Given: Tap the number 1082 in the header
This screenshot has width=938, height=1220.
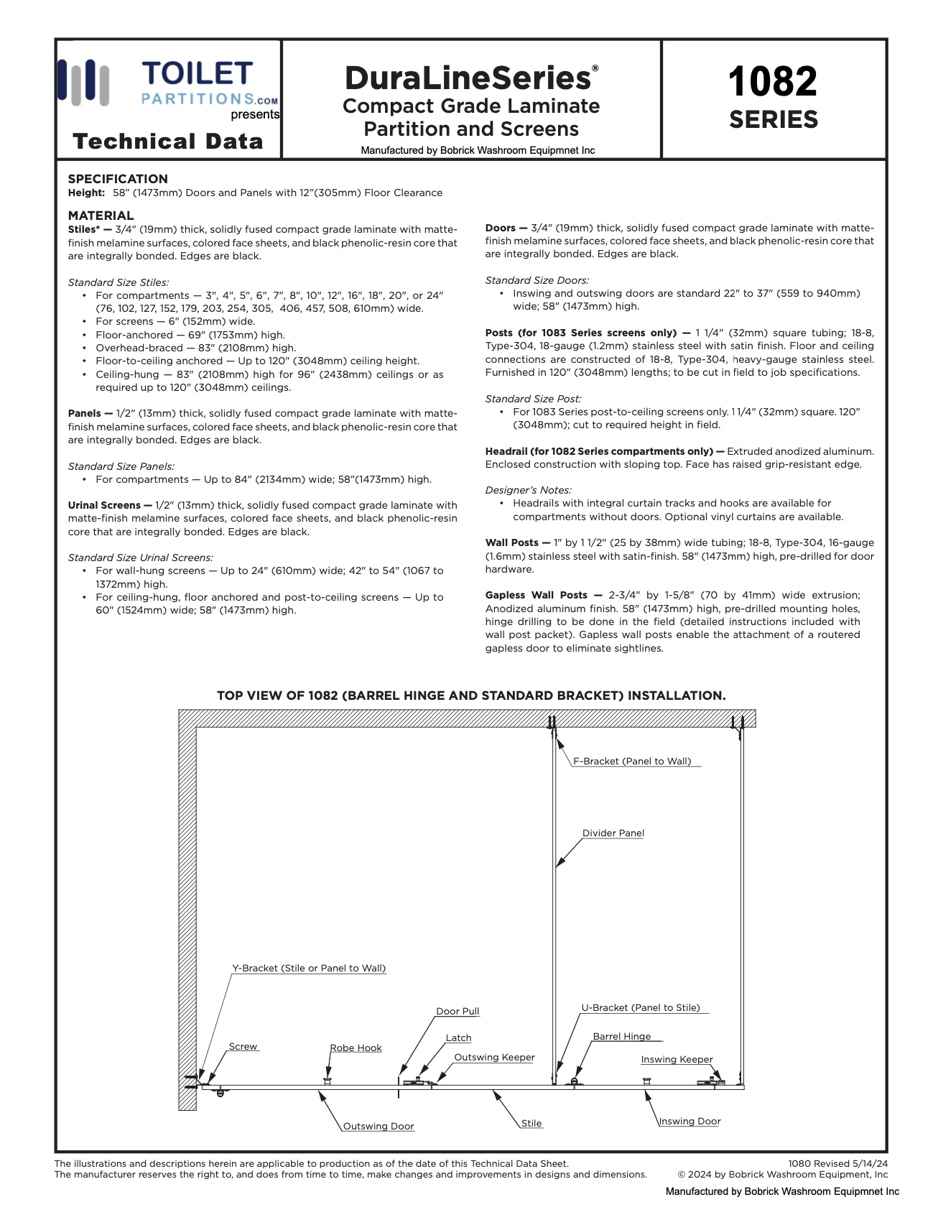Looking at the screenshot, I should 773,82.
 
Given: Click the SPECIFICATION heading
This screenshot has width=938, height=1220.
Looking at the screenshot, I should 118,179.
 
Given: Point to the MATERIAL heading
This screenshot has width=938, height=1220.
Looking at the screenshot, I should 101,216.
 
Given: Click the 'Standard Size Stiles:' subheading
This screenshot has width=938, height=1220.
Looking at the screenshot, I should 119,282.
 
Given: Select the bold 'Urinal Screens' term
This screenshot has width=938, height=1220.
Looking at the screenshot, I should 104,505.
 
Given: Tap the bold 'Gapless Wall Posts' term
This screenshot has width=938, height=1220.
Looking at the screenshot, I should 537,595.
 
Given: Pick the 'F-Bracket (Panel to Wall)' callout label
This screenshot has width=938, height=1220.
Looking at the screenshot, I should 632,762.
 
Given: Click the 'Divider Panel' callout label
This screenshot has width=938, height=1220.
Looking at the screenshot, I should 613,833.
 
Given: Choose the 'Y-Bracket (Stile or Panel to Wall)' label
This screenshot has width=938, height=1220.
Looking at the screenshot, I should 309,969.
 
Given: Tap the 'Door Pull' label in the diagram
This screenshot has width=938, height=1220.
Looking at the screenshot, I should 458,1012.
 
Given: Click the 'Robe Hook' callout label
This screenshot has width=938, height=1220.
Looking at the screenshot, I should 356,1048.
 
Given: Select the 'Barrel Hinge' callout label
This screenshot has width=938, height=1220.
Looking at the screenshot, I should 621,1037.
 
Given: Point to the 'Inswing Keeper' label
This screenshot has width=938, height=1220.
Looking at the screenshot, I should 677,1060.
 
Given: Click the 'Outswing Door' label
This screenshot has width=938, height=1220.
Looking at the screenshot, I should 379,1127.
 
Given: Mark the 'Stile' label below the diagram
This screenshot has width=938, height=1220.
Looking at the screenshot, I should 531,1124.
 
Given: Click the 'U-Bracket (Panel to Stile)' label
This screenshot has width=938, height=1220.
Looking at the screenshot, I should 641,1008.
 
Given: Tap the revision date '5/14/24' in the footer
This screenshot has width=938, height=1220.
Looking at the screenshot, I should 870,1164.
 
